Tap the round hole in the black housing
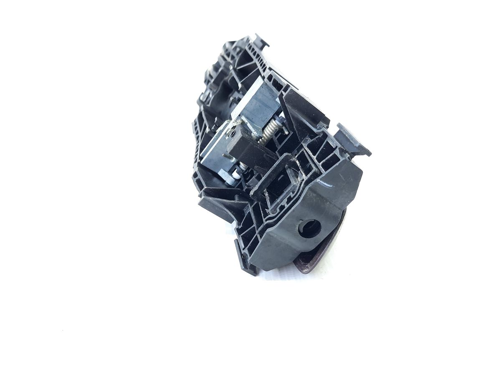tap(309, 227)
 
